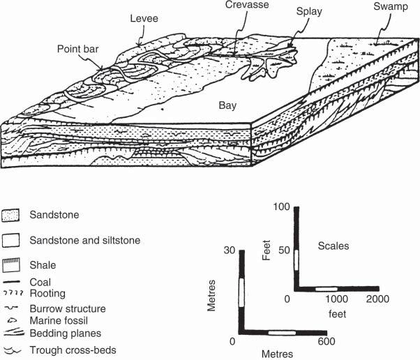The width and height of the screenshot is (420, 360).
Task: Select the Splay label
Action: tap(308, 13)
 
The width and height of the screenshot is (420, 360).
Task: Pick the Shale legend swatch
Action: tap(10, 265)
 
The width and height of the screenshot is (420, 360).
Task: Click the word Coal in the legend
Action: tap(40, 282)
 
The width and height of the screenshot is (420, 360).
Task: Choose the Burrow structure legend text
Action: tap(68, 308)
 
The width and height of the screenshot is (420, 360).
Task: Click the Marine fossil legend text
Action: tap(59, 321)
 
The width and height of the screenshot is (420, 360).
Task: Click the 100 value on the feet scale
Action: tap(282, 208)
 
